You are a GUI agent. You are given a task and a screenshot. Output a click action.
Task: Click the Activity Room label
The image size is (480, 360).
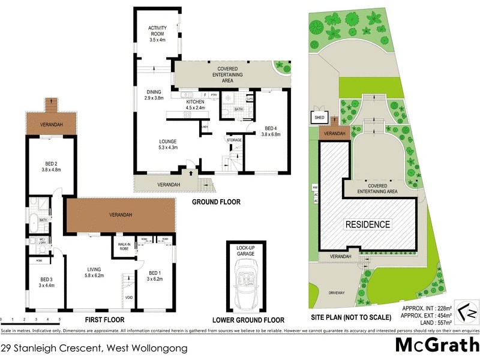coord(157,34)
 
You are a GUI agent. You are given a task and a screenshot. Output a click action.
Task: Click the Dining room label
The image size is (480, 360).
coord(155,94)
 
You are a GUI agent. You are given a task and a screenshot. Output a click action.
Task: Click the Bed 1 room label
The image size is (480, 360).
coord(155,275)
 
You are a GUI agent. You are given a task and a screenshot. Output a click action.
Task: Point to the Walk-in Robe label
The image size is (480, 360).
coord(124,247)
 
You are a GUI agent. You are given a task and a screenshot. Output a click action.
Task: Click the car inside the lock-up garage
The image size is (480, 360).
coord(248,284)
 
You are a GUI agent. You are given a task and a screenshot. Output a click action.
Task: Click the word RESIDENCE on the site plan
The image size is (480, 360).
coord(367,225)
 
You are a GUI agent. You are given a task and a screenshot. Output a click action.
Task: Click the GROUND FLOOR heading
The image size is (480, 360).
coord(217,202)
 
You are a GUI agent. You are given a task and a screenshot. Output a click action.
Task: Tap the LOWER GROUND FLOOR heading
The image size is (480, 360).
coord(248,320)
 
